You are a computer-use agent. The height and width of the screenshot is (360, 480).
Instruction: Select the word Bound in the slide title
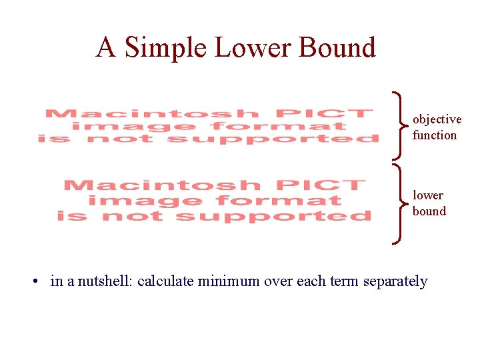pos(338,48)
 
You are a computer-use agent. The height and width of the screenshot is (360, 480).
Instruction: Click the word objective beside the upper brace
pos(437,119)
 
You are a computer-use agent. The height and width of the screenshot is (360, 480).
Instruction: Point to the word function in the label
pos(435,135)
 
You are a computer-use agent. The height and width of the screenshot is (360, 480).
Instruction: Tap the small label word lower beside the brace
pos(428,195)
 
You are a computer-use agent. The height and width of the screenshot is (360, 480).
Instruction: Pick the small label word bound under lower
pos(429,211)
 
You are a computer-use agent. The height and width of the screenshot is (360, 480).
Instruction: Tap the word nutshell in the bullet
pos(106,281)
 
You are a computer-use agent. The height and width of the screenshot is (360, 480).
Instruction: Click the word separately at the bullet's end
pos(395,281)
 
